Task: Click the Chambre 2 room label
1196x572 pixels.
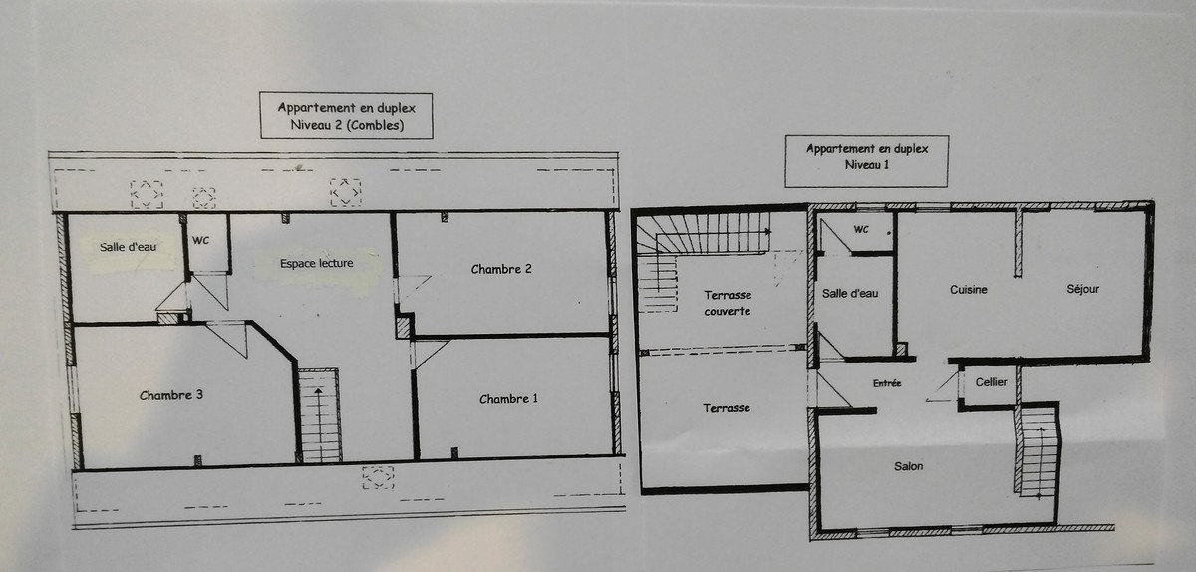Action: (501, 269)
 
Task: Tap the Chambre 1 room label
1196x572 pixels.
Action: (508, 399)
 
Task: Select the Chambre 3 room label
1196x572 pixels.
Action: (170, 395)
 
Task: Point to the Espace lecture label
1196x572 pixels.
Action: (317, 263)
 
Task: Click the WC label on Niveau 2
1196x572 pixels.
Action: (200, 241)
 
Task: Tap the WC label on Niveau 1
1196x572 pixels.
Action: (861, 229)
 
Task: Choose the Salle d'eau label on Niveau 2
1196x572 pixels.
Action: (129, 247)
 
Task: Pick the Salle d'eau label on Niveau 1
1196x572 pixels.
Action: (850, 293)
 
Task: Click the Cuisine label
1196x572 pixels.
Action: (969, 289)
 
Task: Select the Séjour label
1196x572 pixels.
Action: (1082, 289)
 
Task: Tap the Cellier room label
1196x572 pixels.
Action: (991, 382)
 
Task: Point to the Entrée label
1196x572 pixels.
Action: (887, 383)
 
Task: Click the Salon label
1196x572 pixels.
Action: (908, 466)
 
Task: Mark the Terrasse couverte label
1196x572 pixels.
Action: (728, 303)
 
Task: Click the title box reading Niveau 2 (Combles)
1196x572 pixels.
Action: (346, 116)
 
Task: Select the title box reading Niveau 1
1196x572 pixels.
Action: (866, 160)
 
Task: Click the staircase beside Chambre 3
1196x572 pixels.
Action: (319, 415)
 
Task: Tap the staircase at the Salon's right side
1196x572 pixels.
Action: (1038, 451)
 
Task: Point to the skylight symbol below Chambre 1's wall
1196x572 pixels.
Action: (378, 477)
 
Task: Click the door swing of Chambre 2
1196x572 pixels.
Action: (414, 287)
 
